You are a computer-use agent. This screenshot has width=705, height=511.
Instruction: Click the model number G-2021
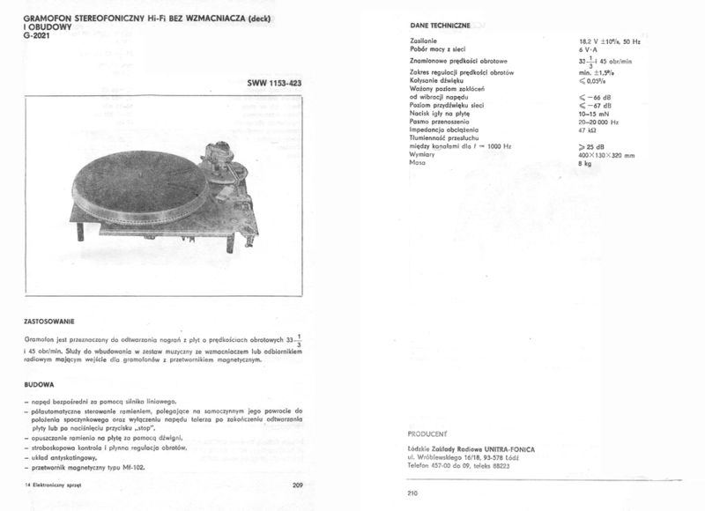coord(36,47)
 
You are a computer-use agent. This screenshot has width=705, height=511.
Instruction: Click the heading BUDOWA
coord(39,384)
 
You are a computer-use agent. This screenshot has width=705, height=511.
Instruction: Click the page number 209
coord(296,485)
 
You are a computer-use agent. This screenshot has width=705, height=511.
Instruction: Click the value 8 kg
coord(585,164)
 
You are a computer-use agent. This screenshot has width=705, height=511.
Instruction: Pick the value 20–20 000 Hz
coord(599,122)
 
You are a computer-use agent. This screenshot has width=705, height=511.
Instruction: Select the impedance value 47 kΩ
coord(588,130)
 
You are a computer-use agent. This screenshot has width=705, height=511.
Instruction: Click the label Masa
coord(419,163)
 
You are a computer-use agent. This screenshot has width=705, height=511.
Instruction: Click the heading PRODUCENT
coord(429,433)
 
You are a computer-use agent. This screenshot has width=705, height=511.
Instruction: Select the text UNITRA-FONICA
coord(503,449)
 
